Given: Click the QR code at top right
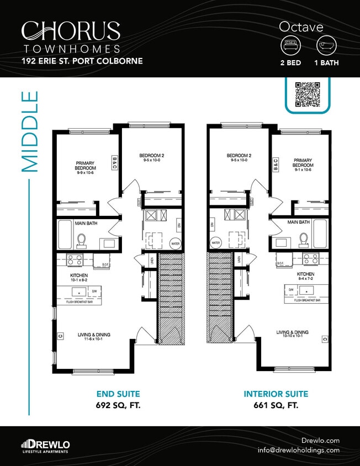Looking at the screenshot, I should point(308,94).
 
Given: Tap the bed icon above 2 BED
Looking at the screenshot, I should point(290,45).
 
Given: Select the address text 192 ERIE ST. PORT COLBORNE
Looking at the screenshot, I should point(82,61).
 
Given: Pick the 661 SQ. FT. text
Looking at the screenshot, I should point(276,405).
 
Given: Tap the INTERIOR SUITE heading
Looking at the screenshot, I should point(276,394).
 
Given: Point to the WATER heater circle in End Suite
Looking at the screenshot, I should point(175,242).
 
